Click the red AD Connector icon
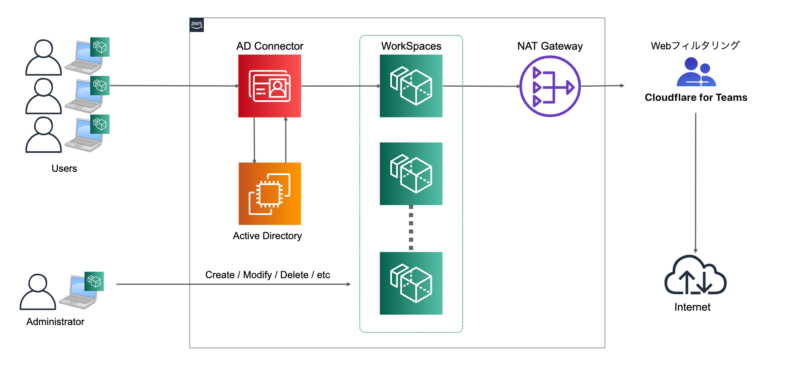coord(270,86)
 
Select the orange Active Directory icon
coord(270,194)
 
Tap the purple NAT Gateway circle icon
coord(550,86)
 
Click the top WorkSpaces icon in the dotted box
coord(411,86)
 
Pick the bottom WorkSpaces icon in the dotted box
coord(411,283)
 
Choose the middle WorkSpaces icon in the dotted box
coord(411,173)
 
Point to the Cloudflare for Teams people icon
coord(696,72)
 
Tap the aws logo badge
coord(197,25)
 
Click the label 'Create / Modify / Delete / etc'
coord(268,275)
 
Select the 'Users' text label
coord(64,168)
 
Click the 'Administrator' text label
coord(55,322)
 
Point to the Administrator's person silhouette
coord(38,292)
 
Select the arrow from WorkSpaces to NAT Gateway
coord(481,86)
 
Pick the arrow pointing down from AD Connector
coord(254,140)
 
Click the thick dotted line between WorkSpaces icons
coord(411,228)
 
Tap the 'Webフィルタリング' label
coord(695,46)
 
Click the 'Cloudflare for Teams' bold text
coord(696,97)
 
